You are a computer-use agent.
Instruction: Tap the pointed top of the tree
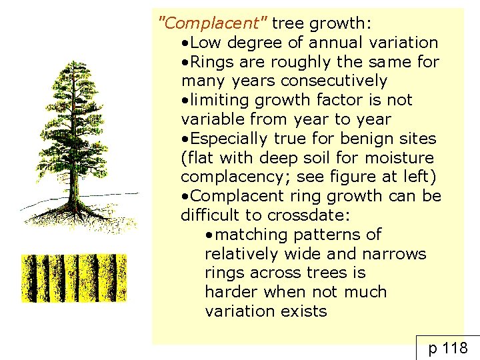click(x=71, y=63)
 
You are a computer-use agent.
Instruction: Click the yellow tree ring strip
click(x=73, y=277)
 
